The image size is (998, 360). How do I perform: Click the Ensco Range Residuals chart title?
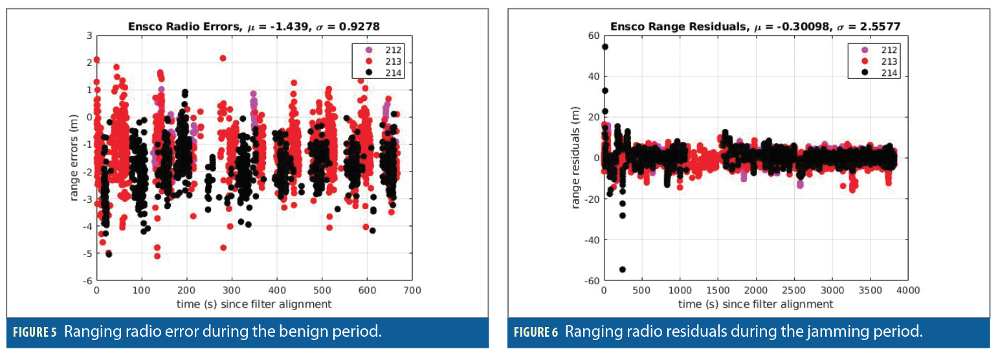tap(755, 27)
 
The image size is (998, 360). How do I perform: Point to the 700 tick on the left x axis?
tap(412, 291)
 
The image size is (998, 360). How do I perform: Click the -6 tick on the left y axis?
tap(87, 280)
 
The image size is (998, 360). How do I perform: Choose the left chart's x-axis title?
tap(254, 303)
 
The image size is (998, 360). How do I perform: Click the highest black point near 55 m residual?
tap(604, 47)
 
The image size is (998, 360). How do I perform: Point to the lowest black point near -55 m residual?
tap(623, 269)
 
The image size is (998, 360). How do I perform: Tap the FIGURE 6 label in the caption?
tap(535, 333)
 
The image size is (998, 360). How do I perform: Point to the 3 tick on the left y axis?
tap(88, 35)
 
